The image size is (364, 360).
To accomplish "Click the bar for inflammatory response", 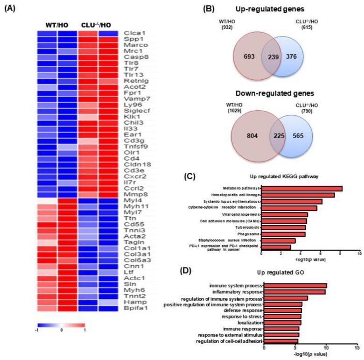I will coord(294,292).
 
